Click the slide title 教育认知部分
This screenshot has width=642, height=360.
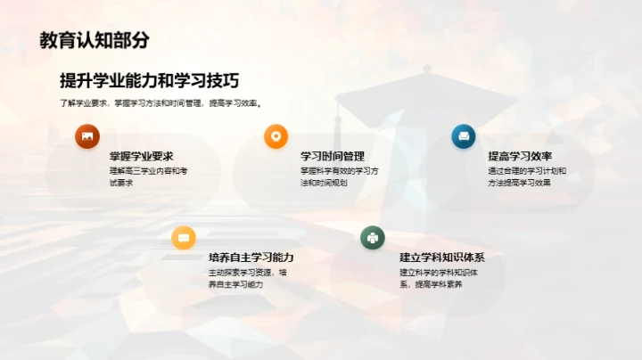tap(95, 40)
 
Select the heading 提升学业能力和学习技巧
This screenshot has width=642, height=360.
tap(149, 80)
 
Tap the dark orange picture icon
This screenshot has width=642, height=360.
tap(87, 136)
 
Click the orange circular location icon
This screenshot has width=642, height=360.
tap(276, 136)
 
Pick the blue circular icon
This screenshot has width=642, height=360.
tap(464, 136)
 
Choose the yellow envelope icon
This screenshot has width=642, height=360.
tap(184, 238)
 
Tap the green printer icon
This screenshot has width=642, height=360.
tap(372, 238)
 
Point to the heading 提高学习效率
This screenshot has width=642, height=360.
tap(520, 156)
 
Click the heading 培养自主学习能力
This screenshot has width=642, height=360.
tap(251, 258)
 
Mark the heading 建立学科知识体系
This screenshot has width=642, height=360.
tap(442, 258)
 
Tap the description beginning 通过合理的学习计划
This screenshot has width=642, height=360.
tap(526, 176)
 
